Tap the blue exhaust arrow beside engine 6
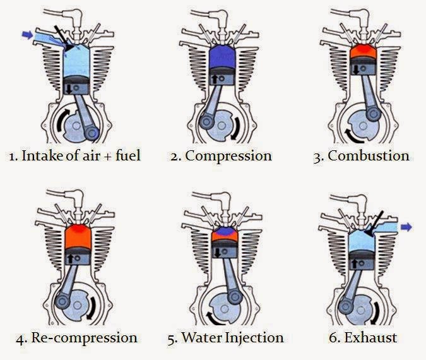point(406,227)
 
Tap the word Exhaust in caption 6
point(370,337)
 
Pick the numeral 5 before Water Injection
point(171,338)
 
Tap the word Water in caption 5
point(200,337)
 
